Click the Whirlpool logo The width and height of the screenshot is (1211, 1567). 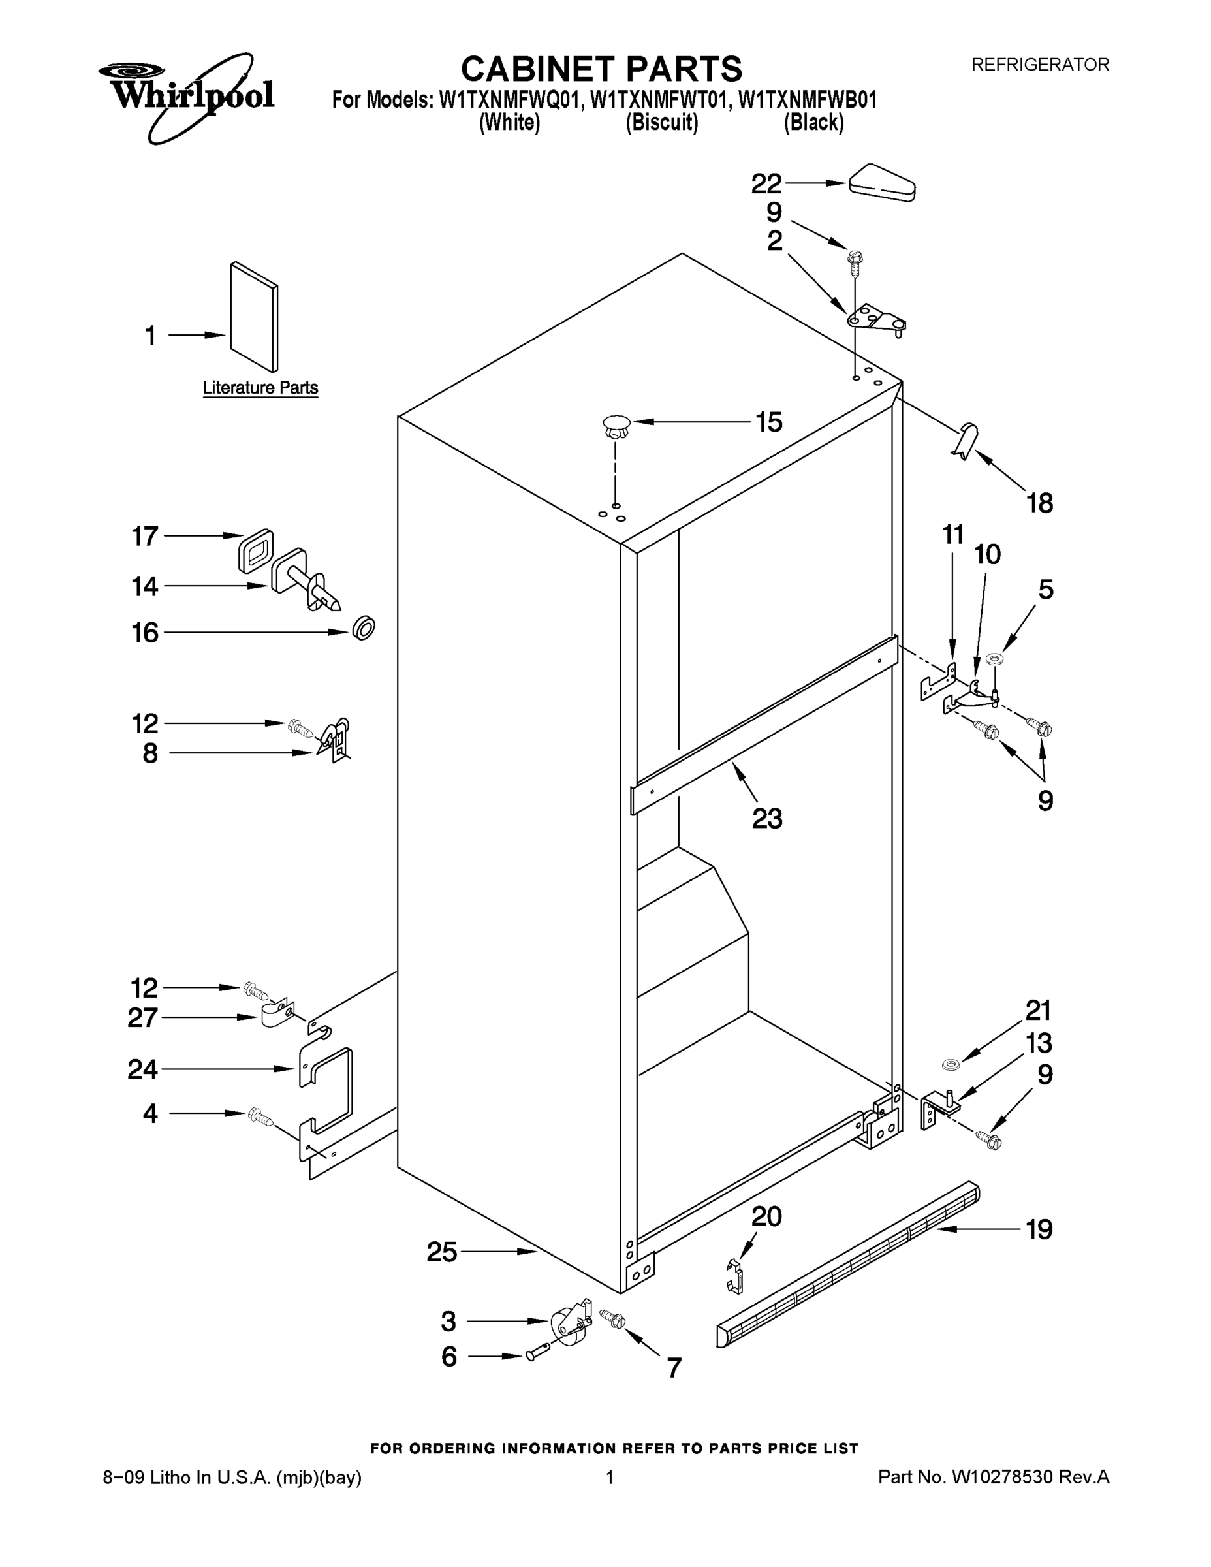point(185,95)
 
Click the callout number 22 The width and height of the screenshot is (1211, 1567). point(766,184)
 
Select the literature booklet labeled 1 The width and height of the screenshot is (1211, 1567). point(254,317)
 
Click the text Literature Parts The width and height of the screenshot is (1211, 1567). point(260,388)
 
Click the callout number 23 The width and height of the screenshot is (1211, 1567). point(766,818)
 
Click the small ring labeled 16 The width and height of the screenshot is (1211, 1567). point(364,628)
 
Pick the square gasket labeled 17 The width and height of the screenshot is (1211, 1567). point(255,550)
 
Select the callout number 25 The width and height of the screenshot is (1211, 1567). point(441,1252)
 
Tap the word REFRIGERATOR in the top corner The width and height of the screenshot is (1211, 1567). point(1039,65)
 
